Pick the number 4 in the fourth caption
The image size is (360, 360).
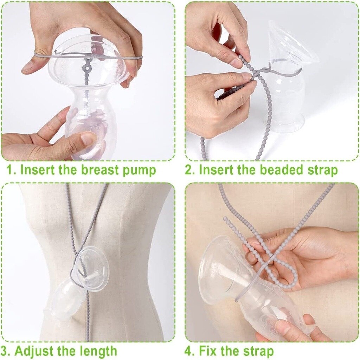(189, 351)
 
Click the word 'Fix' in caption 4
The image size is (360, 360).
(209, 351)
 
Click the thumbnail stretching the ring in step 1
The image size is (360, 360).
(28, 66)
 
